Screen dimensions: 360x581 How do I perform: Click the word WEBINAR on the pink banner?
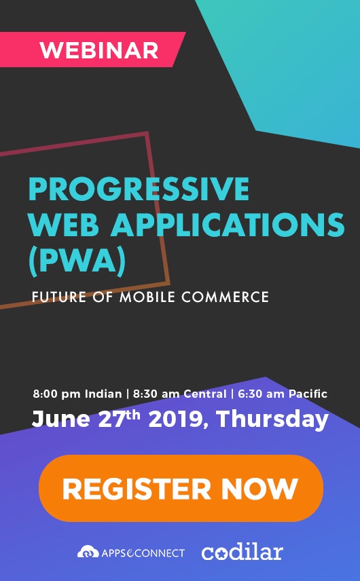[x=99, y=50]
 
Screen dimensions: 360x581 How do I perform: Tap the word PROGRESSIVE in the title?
[x=139, y=189]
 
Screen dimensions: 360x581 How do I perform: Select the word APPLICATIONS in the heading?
[x=228, y=225]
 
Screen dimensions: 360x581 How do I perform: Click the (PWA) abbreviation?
[x=77, y=261]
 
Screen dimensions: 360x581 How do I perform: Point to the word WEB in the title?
[x=64, y=225]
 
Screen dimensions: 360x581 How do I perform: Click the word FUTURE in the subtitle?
[x=59, y=297]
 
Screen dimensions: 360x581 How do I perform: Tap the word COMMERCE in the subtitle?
[x=225, y=297]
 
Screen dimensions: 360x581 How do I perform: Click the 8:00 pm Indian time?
[x=77, y=394]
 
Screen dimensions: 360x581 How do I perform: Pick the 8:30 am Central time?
[x=179, y=394]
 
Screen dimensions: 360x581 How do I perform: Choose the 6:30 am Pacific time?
[x=283, y=394]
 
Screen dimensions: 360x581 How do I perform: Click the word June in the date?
[x=61, y=419]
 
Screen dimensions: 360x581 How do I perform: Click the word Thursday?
[x=272, y=419]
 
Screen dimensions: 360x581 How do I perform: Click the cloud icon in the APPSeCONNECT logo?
[x=88, y=552]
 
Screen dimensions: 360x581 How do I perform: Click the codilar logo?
[x=242, y=552]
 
